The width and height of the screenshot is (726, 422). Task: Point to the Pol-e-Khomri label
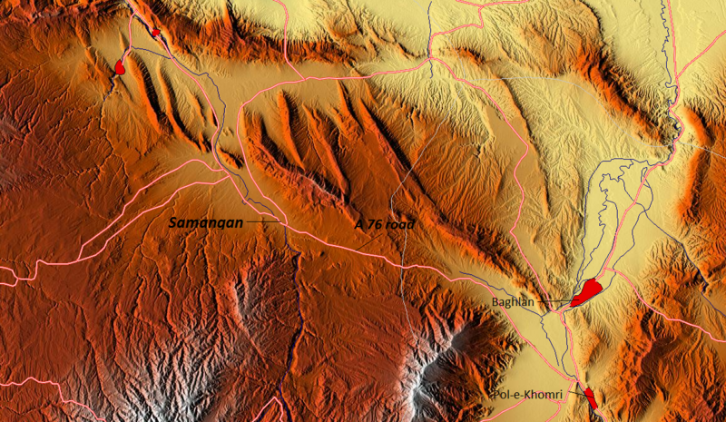[526, 395]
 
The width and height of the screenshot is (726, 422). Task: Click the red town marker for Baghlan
[587, 291]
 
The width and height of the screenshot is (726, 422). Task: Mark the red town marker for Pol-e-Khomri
[591, 397]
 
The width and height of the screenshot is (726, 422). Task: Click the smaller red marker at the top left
[155, 33]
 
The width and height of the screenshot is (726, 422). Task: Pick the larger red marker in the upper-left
[120, 66]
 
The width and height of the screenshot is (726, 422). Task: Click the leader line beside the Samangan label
[262, 221]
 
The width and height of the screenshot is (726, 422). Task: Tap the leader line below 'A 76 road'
[366, 241]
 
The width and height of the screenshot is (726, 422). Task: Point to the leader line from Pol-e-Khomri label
[574, 395]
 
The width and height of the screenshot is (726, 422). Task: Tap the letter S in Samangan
[172, 221]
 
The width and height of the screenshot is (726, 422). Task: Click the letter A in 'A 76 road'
[358, 224]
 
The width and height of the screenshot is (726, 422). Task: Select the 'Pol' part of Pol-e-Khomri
[501, 395]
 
